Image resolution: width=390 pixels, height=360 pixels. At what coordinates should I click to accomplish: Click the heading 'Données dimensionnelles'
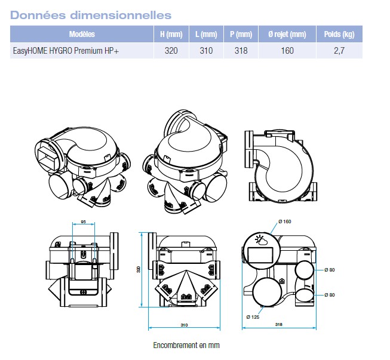pos(91,15)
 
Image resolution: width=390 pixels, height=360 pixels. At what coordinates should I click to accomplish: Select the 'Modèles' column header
pos(82,34)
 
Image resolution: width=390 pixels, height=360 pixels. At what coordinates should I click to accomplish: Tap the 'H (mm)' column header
pos(171,34)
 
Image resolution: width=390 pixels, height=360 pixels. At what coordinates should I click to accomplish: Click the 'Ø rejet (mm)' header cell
pos(287,34)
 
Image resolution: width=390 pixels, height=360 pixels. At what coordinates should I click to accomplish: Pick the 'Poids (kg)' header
pos(339,34)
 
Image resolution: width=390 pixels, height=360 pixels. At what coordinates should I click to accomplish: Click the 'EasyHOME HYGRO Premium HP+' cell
pos(66,51)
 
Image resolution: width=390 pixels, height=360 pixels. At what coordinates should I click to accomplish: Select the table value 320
pos(171,51)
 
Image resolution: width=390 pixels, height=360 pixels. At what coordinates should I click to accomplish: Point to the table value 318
pos(241,51)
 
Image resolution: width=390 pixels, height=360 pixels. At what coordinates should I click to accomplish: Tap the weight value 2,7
pos(339,51)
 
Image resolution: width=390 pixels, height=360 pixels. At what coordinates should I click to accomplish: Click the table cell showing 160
pos(287,51)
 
